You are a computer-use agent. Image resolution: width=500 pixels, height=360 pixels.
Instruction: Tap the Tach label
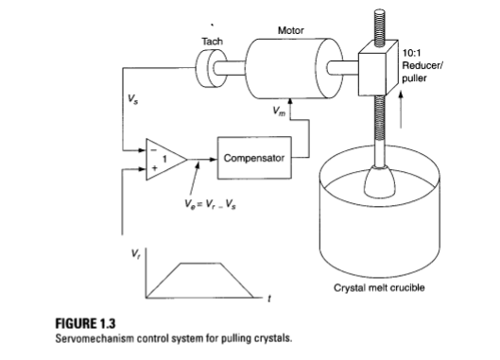click(x=214, y=41)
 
